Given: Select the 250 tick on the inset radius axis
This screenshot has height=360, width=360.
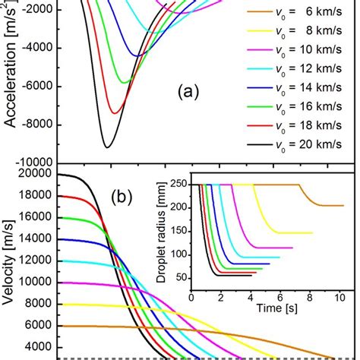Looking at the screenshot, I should click(180, 185).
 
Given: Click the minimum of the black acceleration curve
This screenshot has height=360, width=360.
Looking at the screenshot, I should click(107, 147).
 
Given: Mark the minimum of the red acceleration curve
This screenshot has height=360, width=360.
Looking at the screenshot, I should click(114, 113).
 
